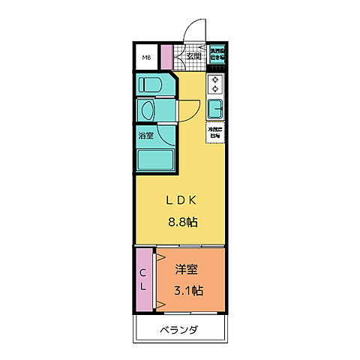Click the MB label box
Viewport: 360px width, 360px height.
point(146,58)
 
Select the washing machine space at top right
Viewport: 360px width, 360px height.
point(217,55)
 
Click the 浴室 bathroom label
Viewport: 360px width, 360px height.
point(145,136)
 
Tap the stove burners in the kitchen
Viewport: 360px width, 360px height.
point(215,84)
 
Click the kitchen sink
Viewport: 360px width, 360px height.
point(215,107)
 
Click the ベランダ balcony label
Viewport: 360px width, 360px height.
point(178,329)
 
